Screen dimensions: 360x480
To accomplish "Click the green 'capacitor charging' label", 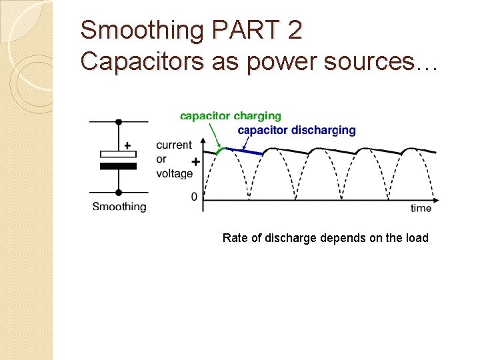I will [x=230, y=117].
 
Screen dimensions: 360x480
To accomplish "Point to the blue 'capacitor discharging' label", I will [x=297, y=130].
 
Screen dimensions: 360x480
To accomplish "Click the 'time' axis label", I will [x=421, y=208].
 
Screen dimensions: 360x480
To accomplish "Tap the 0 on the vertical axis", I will [x=194, y=197].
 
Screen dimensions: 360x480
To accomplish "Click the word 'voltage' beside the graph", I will [x=175, y=173].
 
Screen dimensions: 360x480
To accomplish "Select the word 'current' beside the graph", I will [x=174, y=145].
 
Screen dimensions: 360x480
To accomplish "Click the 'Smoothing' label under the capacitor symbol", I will [x=119, y=207].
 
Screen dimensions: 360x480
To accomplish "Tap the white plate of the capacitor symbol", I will [x=118, y=155].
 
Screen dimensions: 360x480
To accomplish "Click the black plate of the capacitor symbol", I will [x=118, y=166].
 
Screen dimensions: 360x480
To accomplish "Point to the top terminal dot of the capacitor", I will [x=119, y=122].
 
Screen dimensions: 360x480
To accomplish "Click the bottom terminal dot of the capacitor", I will [x=119, y=193].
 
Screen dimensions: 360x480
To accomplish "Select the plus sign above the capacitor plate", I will [x=127, y=145].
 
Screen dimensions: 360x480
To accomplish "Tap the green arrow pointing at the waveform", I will [x=217, y=137].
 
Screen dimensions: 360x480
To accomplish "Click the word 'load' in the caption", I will [x=417, y=238].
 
